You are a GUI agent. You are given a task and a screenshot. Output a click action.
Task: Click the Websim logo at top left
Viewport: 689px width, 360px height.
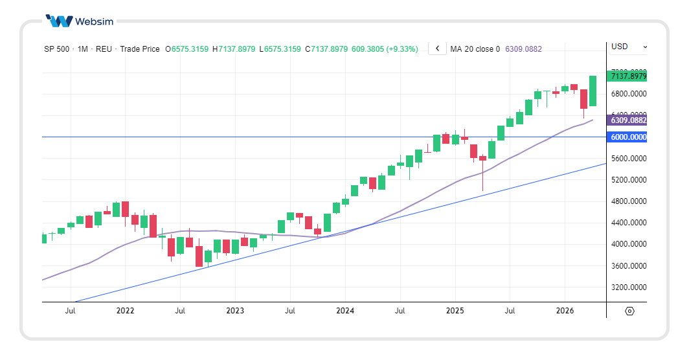[x=79, y=21]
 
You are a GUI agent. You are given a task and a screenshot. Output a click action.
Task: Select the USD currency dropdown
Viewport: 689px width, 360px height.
[x=627, y=47]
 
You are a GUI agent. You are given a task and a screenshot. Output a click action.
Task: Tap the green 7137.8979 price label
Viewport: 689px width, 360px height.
[x=627, y=76]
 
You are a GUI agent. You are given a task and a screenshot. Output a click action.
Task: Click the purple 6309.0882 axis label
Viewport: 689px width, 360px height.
[x=627, y=120]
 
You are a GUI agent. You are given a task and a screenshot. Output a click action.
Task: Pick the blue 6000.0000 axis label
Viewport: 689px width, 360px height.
[x=627, y=137]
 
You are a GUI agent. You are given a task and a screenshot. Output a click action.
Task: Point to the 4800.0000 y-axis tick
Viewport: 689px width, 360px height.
[x=627, y=201]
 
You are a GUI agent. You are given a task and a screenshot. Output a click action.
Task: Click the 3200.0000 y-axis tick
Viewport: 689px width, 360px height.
[x=627, y=287]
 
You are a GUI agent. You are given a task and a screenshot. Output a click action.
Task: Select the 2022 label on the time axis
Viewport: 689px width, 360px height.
[x=125, y=311]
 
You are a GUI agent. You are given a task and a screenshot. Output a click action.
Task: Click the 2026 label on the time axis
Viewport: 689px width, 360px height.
[x=565, y=311]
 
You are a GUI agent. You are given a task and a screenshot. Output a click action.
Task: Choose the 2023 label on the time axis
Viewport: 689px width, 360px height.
[x=235, y=311]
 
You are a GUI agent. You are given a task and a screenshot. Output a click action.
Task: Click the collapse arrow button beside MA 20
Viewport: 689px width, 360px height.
[x=437, y=49]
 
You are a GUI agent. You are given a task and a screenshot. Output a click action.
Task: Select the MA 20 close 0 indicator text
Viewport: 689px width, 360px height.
[x=475, y=49]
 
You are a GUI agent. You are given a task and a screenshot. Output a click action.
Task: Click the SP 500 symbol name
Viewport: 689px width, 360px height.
[x=57, y=49]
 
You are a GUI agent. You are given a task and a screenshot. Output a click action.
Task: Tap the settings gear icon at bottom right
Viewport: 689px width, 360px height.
[x=629, y=311]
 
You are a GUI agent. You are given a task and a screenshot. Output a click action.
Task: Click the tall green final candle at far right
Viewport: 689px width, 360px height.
[x=593, y=91]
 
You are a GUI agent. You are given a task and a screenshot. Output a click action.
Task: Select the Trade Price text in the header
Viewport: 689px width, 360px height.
[x=140, y=49]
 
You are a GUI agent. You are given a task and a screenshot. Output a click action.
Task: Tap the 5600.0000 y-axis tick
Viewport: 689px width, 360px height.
[x=627, y=159]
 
